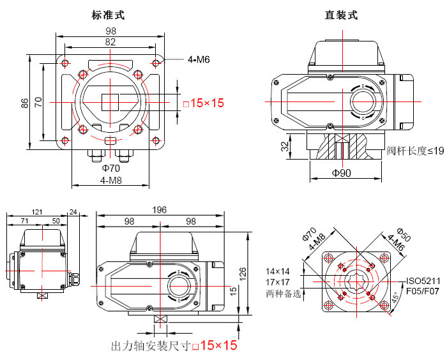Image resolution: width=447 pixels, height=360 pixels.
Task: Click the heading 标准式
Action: [x=108, y=15]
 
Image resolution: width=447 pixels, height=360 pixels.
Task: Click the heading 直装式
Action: [x=342, y=15]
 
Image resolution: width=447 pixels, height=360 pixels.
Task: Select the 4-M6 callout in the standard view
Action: [x=199, y=59]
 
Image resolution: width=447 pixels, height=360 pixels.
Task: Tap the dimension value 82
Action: [x=111, y=41]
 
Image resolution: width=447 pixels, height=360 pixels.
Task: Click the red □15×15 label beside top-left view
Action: [x=204, y=103]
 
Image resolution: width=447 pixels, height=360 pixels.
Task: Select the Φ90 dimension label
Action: [x=342, y=174]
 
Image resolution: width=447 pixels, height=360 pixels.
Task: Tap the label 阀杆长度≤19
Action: [x=415, y=151]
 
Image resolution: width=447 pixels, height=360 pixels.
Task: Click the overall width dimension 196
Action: [x=160, y=210]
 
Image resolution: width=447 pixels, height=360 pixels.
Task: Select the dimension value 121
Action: [x=36, y=211]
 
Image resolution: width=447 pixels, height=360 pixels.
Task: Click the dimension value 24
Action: [x=73, y=211]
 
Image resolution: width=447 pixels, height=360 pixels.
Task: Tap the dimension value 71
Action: [x=24, y=220]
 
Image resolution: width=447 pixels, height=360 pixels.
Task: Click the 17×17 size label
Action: [x=278, y=281]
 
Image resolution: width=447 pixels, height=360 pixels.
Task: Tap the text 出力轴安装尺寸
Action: [x=150, y=346]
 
